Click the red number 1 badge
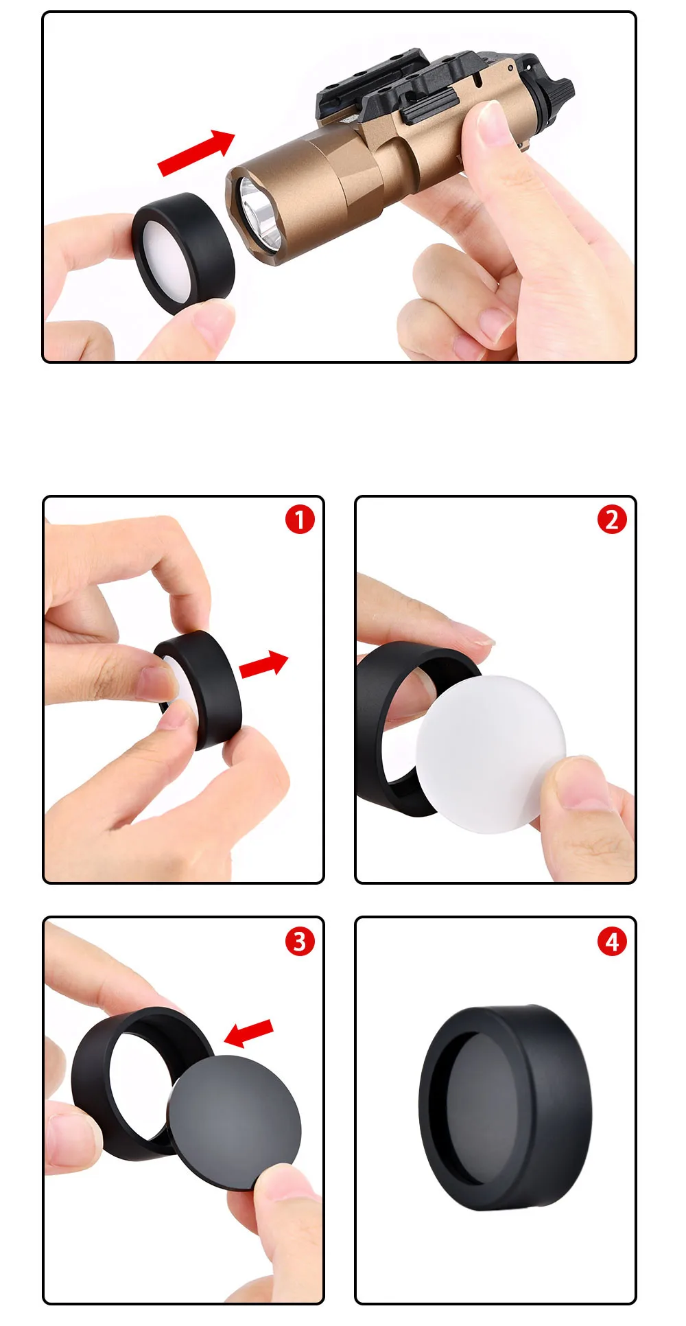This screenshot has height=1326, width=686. coord(300,520)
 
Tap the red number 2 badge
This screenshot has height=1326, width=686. coord(612,520)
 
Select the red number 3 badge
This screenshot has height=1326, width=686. coord(300,941)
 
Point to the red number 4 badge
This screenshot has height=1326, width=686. coord(612,941)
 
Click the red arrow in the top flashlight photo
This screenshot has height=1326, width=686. coord(197,152)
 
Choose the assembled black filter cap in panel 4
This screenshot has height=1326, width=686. coord(505,1108)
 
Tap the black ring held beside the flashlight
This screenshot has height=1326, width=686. coord(183,253)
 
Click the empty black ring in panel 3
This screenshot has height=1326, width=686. coord(134,1083)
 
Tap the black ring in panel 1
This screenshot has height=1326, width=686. coord(206,690)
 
